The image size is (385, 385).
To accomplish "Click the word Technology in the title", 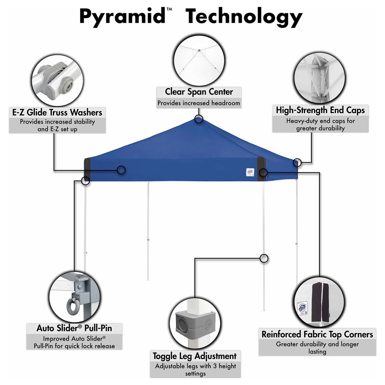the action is [x=245, y=18].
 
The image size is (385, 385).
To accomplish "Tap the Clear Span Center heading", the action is [x=199, y=92].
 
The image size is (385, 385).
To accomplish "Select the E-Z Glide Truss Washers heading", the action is [x=57, y=112].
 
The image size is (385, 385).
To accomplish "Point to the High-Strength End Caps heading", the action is [x=320, y=110].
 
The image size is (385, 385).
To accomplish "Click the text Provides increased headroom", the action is [x=198, y=103].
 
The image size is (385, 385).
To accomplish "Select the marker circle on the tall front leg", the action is [x=264, y=258].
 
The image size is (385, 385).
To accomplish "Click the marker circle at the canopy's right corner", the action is [x=297, y=163].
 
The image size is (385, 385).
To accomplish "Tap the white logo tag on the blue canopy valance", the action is [x=250, y=172].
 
